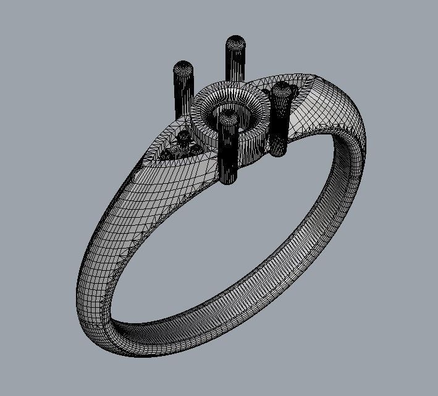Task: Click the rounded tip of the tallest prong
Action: tap(235, 43)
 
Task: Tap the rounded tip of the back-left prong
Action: tap(183, 67)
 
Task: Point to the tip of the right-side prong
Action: tap(281, 93)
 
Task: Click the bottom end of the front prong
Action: tap(229, 179)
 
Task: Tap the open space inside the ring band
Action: tap(229, 247)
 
